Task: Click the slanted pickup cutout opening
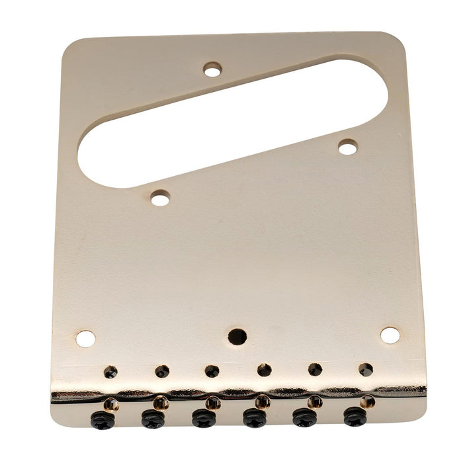(x=232, y=122)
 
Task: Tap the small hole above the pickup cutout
(x=212, y=69)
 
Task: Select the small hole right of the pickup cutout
(x=348, y=147)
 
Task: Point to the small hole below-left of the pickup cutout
(x=160, y=197)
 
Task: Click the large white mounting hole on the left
(x=85, y=339)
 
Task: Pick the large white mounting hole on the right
(x=390, y=335)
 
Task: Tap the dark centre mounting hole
(x=237, y=337)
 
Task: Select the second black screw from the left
(x=153, y=419)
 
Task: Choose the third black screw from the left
(x=203, y=418)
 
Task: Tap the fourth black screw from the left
(x=254, y=417)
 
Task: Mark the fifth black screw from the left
(x=304, y=417)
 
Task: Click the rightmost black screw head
(x=355, y=416)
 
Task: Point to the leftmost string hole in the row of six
(x=110, y=372)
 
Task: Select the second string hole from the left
(x=162, y=372)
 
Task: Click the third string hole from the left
(x=212, y=371)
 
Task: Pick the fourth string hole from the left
(x=264, y=370)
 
